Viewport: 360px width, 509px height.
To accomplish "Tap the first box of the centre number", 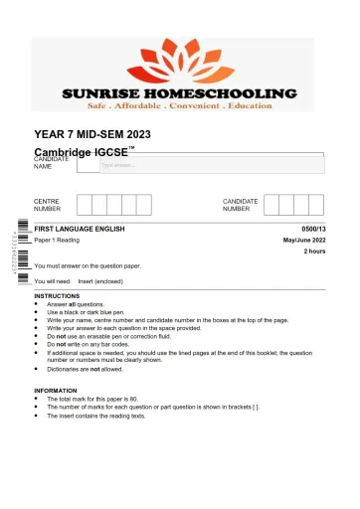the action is tap(86, 205).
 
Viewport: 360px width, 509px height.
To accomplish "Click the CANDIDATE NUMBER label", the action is tap(241, 205).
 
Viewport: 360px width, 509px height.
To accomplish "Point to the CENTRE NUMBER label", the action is tap(48, 205).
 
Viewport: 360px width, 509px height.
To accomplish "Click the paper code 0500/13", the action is tap(311, 230).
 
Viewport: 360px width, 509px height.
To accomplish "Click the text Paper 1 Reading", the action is tap(57, 241).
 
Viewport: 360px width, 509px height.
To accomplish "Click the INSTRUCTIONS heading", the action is tap(57, 296).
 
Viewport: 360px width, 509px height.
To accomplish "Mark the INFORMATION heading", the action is tap(55, 390).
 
